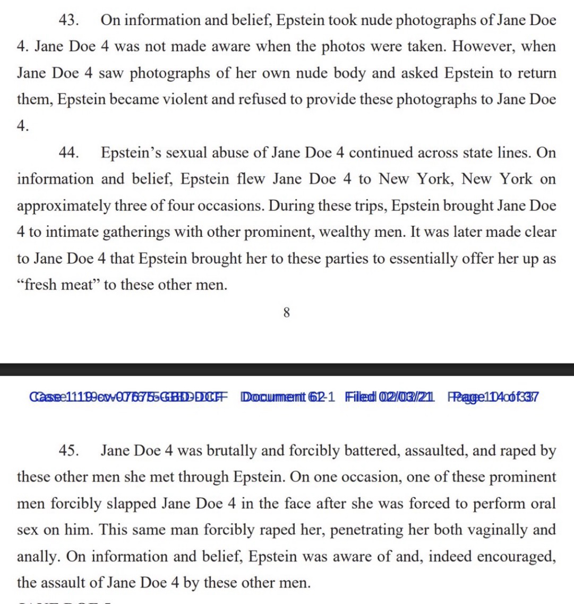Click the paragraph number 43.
[x=68, y=20]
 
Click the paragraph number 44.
[x=68, y=152]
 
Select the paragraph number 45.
[x=68, y=450]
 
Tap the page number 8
[x=287, y=313]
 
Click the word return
[x=532, y=73]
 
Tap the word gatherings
[x=118, y=232]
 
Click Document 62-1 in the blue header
[x=287, y=397]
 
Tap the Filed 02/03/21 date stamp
[x=390, y=397]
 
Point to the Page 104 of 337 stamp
[x=493, y=397]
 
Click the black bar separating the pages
[x=287, y=369]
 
